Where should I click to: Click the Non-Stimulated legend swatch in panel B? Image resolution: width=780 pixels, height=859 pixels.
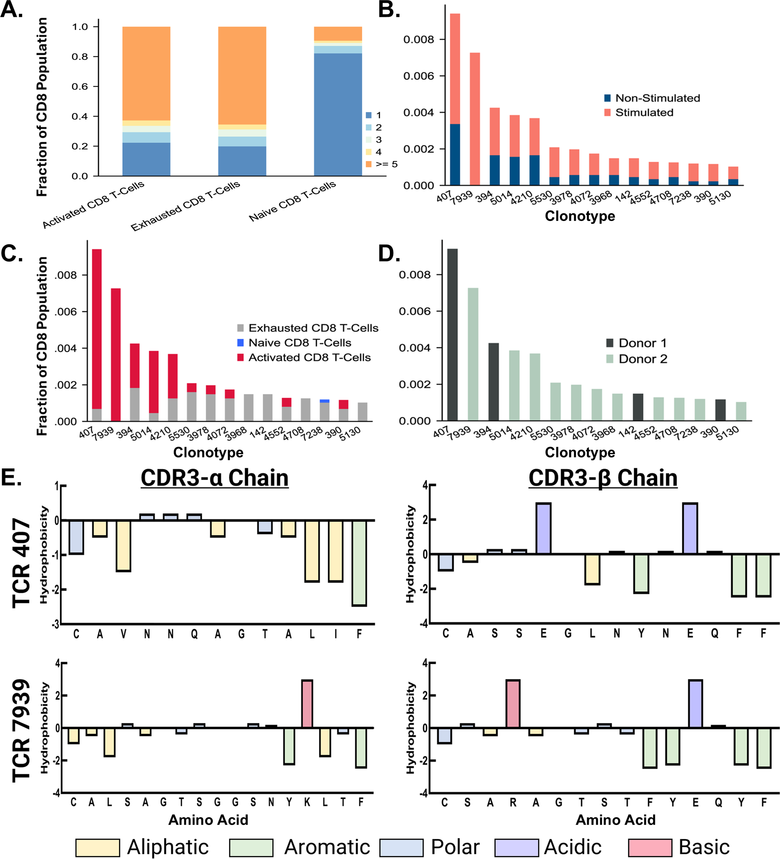point(607,98)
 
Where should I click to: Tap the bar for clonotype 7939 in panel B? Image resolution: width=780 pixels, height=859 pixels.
point(475,119)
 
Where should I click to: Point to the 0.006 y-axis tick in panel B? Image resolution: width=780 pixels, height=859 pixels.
point(418,76)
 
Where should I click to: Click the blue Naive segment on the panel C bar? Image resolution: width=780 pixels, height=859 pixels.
point(325,401)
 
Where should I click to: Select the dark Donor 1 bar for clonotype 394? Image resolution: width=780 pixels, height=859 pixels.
point(494,382)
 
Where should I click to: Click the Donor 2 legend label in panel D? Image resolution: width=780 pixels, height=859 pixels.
point(643,359)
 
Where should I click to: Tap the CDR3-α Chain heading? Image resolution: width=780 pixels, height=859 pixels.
point(215,478)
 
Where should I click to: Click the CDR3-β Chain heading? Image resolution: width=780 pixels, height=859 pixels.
point(603,478)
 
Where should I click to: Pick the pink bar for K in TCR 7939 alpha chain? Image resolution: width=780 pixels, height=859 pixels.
point(307,703)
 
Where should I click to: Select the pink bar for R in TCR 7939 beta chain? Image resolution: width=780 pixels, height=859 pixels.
point(513,703)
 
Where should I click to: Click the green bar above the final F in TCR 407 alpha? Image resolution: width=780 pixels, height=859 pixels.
point(359,562)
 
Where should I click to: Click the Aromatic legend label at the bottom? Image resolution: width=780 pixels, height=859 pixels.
point(327,847)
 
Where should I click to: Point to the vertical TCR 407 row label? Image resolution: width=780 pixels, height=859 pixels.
point(21,563)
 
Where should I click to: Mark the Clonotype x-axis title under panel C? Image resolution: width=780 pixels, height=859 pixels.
point(208,452)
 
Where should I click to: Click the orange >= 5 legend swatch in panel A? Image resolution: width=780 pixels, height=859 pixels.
point(369,164)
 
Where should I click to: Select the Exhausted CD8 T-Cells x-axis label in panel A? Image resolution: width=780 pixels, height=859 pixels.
point(185,206)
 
